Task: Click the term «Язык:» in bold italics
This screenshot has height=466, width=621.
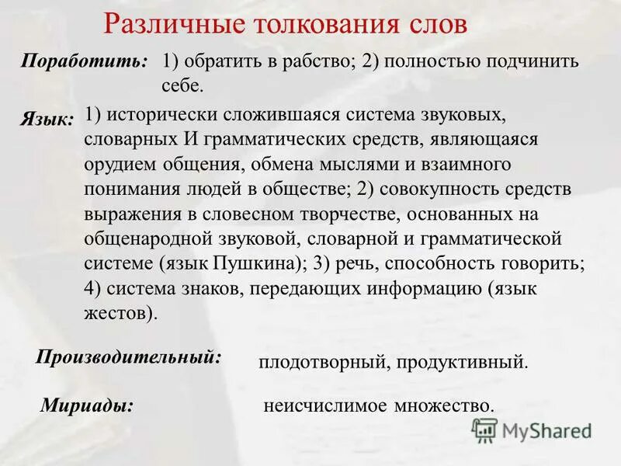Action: coord(47,119)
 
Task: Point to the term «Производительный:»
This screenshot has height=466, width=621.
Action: coord(129,357)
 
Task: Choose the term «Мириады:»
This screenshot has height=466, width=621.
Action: coord(86,404)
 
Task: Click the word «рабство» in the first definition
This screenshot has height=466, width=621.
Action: coord(322,62)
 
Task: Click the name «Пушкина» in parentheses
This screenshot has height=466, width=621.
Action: coord(255,263)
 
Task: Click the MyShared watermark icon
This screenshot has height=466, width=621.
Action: coord(485,430)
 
